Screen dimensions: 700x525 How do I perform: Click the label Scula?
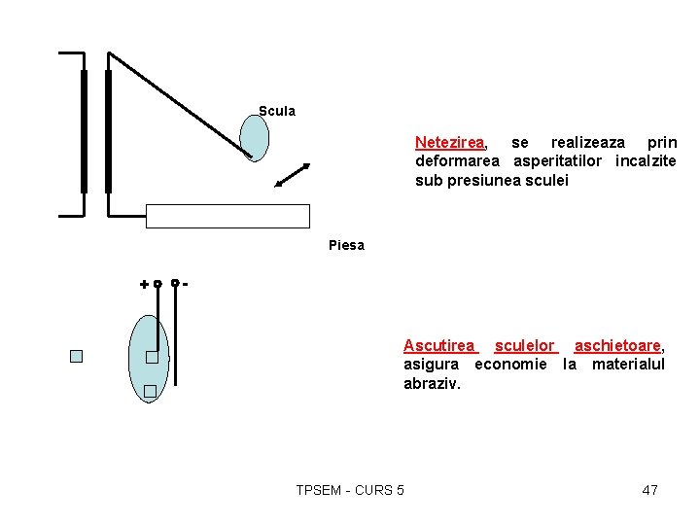pos(277,111)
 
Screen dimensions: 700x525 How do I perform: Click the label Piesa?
pos(346,245)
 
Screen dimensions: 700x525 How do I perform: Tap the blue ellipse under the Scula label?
pos(254,138)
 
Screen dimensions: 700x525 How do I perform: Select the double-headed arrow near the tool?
pos(292,176)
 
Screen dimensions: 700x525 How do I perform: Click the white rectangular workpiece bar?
pos(227,216)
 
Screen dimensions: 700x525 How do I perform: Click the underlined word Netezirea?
pos(450,142)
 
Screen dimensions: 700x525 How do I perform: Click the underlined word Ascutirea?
pos(439,345)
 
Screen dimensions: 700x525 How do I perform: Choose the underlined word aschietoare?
pos(617,345)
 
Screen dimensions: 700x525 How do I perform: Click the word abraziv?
pos(432,383)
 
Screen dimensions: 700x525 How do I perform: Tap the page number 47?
pos(649,490)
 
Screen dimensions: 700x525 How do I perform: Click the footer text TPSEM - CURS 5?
pos(350,490)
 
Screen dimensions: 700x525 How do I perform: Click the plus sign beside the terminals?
pos(144,285)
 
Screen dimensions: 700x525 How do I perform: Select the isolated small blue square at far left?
pos(77,356)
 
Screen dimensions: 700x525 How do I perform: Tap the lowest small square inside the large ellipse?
pos(150,392)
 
